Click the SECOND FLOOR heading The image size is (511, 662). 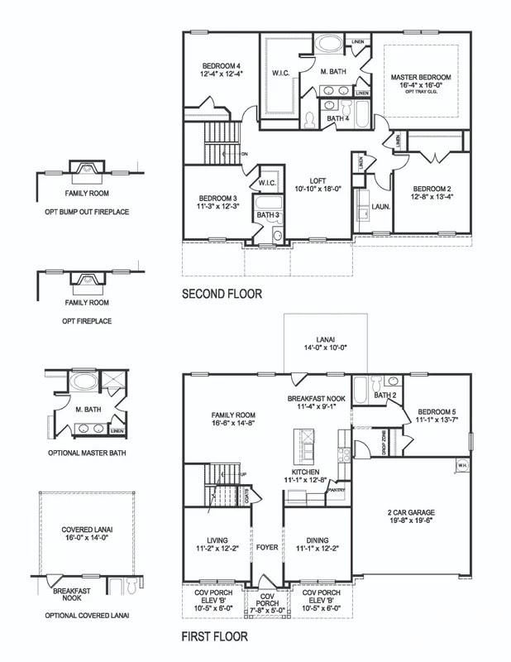point(222,294)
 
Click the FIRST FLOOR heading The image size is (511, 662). point(214,637)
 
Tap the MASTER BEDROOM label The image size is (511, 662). point(422,77)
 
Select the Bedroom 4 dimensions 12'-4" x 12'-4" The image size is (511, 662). point(220,74)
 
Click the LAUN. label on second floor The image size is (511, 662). point(380,205)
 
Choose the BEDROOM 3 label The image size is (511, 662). point(218,199)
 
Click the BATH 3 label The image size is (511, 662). point(266,215)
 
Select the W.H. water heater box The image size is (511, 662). point(461,464)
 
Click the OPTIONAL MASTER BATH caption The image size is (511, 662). point(87,453)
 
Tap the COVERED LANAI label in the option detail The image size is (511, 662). point(86,530)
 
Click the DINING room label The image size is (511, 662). point(316,537)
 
